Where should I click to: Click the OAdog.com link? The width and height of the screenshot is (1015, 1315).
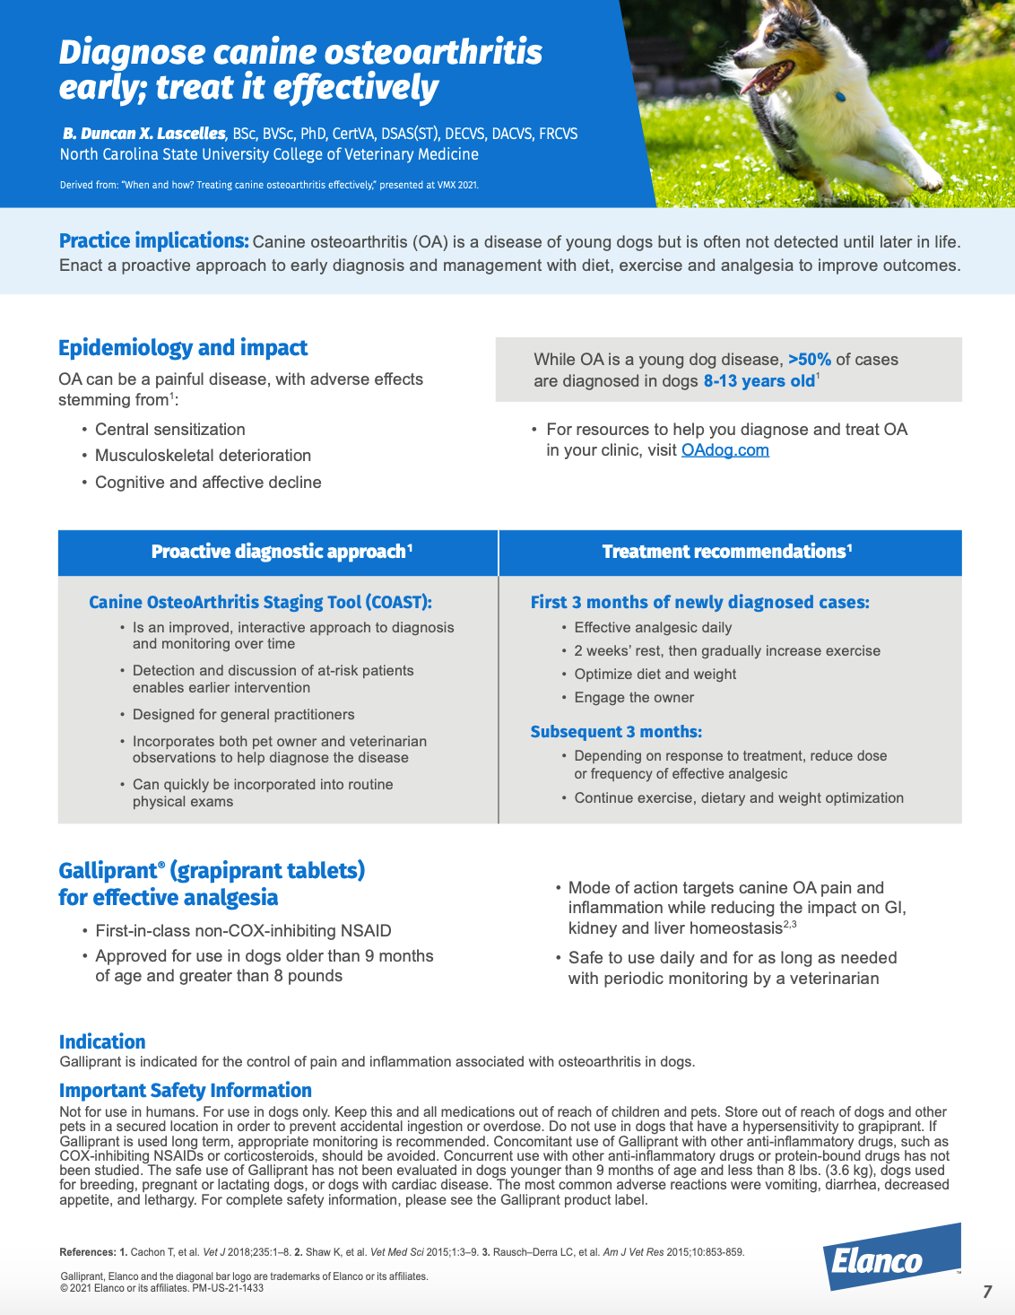[724, 450]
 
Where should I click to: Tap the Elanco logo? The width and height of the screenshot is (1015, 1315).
[891, 1258]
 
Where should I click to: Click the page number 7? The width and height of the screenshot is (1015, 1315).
[987, 1292]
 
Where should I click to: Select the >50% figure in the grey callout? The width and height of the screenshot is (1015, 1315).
[809, 360]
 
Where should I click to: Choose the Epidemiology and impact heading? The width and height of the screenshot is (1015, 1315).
[183, 348]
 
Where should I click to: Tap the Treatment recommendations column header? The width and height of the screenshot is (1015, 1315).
[726, 552]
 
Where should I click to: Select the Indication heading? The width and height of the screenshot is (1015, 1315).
[102, 1041]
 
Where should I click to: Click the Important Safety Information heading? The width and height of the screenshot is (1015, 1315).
[186, 1090]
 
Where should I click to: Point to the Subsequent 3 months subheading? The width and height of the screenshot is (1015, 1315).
[616, 732]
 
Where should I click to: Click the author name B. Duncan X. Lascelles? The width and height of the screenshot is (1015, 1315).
[144, 134]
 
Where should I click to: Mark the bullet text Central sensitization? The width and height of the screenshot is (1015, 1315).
[170, 430]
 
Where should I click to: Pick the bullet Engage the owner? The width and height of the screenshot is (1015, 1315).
[634, 698]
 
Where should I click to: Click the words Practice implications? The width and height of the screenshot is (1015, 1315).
[153, 240]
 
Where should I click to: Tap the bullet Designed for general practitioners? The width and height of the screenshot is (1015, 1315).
[243, 715]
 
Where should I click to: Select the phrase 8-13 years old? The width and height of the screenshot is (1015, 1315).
[759, 381]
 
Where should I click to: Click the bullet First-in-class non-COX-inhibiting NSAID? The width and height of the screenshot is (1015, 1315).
[243, 931]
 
